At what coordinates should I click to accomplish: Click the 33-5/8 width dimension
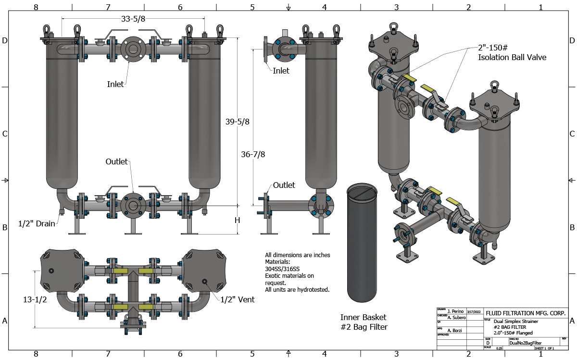133,19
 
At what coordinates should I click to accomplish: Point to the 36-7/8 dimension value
253,154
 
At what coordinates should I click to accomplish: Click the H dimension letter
237,220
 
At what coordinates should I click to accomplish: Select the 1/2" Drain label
37,223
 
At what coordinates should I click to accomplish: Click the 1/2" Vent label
237,299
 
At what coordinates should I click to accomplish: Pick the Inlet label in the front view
115,84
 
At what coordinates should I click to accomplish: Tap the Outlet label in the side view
284,185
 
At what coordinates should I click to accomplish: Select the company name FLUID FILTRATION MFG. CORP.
526,313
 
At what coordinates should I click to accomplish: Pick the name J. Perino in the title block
455,311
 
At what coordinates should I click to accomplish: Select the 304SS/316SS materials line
284,269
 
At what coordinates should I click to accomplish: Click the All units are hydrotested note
297,289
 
